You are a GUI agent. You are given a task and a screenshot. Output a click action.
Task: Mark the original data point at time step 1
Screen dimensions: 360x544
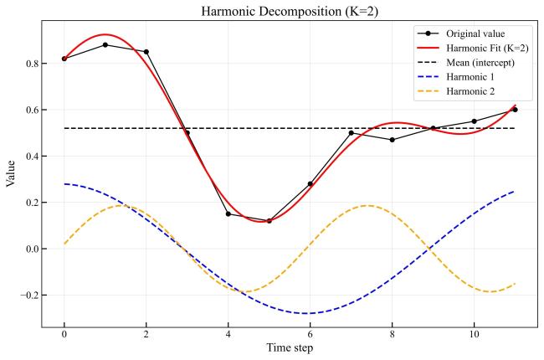[x=105, y=45]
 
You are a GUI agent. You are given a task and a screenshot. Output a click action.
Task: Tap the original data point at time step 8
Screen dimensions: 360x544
[x=392, y=140]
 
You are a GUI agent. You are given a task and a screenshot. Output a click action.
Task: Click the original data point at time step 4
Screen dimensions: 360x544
[x=228, y=214]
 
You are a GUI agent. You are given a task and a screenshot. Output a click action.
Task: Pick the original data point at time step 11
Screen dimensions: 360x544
[x=515, y=110]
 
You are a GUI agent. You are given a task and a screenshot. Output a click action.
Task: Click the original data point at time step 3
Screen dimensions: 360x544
[x=187, y=133]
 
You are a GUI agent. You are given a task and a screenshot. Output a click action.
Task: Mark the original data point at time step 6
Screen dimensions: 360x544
[x=310, y=184]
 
